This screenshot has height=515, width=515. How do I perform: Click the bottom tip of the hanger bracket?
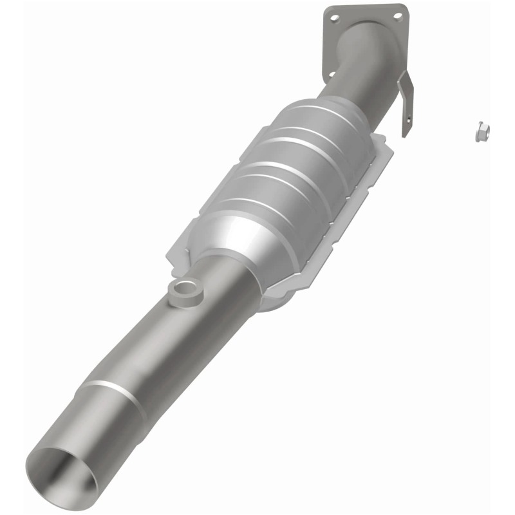[406, 135]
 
